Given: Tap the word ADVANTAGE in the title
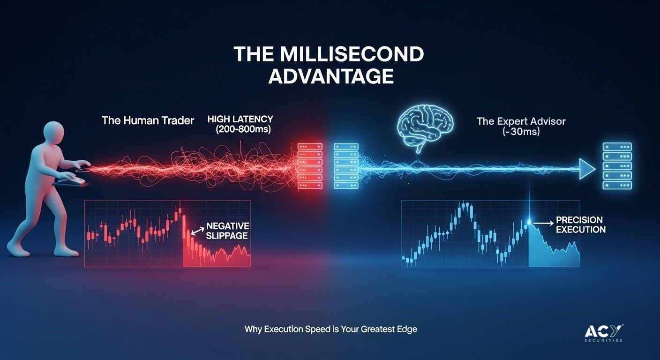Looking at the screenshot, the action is point(331,76).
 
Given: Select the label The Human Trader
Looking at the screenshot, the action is point(148,120).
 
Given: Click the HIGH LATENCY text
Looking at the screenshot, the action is point(240,119).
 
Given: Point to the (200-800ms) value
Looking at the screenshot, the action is point(243,129).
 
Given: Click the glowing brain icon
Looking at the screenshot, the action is point(425,128).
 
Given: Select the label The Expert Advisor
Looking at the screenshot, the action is point(521,121).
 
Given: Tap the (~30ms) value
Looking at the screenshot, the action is point(521,131).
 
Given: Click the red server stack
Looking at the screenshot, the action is point(310,166).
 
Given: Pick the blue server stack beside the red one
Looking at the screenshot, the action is point(346,166).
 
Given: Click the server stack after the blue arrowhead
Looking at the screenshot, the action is point(617,166).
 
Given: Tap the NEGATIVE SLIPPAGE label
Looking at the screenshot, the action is point(227,231).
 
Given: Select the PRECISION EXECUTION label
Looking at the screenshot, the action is point(581,225).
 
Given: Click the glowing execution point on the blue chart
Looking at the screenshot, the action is point(529,222).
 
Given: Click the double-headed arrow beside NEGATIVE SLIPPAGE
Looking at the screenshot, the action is point(198,231).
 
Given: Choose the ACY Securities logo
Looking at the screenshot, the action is point(604,333).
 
